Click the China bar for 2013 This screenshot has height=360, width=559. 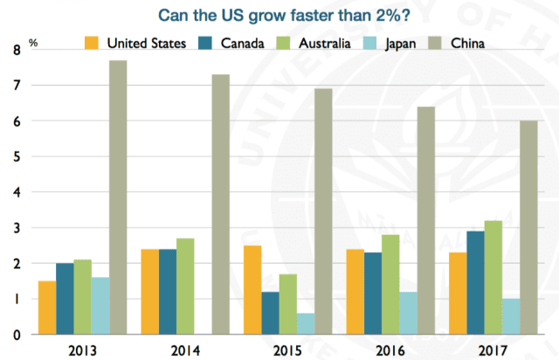119,197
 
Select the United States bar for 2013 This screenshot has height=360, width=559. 46,307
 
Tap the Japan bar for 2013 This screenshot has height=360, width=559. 100,305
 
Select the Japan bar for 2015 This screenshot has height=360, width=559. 305,323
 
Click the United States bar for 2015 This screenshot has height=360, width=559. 252,289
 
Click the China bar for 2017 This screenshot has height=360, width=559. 528,227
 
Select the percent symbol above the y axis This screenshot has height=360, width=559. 33,41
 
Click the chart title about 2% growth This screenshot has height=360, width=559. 279,15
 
